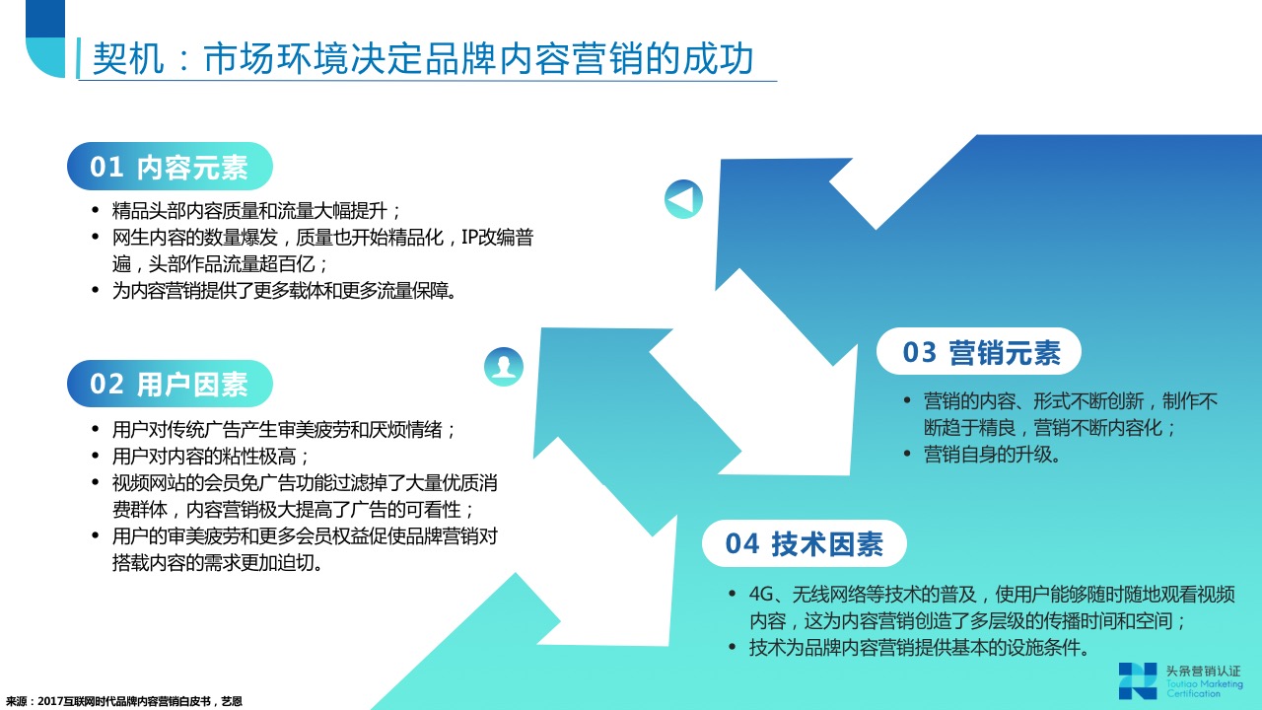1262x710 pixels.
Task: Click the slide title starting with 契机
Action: (x=423, y=58)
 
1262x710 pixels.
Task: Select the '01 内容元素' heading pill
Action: (x=170, y=167)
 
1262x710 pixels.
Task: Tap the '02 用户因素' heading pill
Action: (x=170, y=384)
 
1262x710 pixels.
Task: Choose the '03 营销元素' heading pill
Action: (x=979, y=352)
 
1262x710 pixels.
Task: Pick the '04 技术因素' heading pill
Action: (x=804, y=543)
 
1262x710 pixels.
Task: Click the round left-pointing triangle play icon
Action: (x=683, y=199)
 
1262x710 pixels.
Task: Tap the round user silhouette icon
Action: (x=504, y=366)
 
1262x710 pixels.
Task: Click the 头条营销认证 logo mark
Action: (x=1138, y=680)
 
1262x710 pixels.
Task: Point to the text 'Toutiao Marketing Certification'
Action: (x=1204, y=688)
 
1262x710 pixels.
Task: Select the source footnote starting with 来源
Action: (x=124, y=701)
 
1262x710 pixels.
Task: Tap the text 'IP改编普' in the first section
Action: (x=497, y=238)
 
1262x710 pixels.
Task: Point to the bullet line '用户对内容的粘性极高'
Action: (x=210, y=456)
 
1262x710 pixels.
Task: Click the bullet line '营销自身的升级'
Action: (x=991, y=455)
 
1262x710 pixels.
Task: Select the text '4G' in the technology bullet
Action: (x=761, y=594)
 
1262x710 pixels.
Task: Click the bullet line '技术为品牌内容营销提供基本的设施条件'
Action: (x=918, y=648)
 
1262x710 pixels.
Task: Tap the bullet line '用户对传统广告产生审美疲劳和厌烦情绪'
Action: (x=283, y=429)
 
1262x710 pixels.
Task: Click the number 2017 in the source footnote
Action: (x=49, y=701)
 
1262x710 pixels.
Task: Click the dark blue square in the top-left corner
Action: (x=45, y=19)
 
